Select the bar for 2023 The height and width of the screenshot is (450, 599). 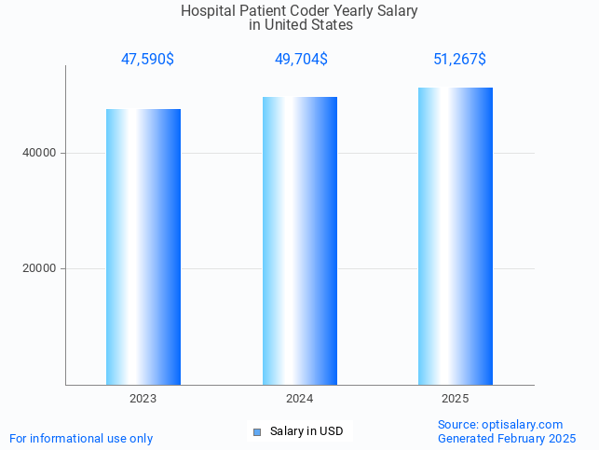click(143, 247)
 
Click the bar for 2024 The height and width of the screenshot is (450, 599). click(300, 240)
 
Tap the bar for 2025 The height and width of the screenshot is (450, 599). click(456, 236)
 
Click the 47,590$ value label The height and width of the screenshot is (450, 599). click(147, 60)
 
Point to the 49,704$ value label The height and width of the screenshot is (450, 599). click(301, 60)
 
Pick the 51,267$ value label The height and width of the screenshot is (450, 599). click(459, 60)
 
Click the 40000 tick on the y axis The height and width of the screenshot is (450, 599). click(39, 153)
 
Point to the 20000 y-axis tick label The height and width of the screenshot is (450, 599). click(39, 268)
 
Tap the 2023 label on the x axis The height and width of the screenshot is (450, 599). click(143, 399)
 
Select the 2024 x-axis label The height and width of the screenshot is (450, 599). click(300, 399)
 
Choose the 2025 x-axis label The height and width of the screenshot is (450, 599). click(456, 399)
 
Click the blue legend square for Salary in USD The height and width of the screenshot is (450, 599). click(258, 431)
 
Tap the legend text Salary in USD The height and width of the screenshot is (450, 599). click(306, 431)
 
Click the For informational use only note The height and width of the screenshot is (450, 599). click(81, 438)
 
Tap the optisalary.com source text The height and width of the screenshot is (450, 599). click(523, 424)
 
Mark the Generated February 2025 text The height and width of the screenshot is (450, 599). click(507, 438)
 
